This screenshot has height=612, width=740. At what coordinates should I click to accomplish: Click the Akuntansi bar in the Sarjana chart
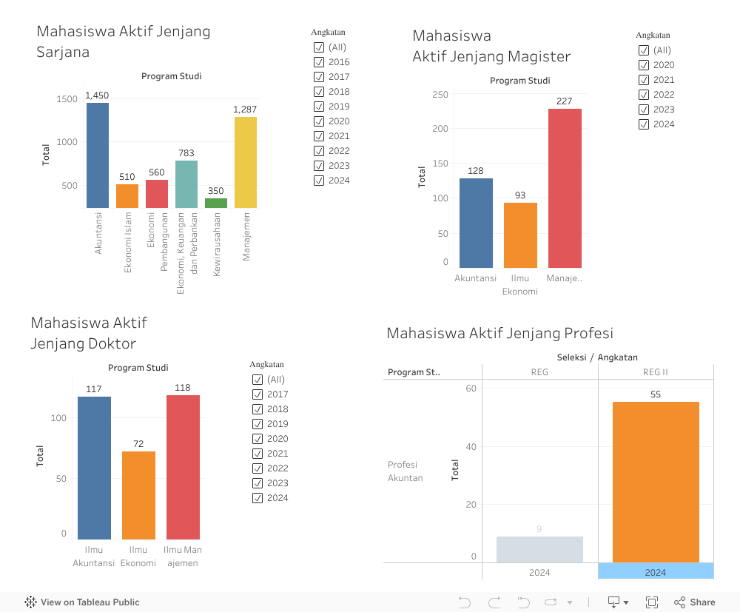pyautogui.click(x=97, y=155)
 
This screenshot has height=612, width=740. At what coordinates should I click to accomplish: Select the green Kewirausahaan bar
pyautogui.click(x=215, y=203)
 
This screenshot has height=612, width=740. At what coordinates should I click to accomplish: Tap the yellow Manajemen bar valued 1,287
pyautogui.click(x=245, y=163)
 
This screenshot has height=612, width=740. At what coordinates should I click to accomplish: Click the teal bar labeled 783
pyautogui.click(x=186, y=184)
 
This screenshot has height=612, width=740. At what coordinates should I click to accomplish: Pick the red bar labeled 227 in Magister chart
pyautogui.click(x=565, y=188)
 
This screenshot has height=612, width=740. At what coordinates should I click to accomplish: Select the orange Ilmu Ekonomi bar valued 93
pyautogui.click(x=520, y=235)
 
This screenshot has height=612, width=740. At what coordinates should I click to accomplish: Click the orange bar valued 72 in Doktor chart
pyautogui.click(x=138, y=495)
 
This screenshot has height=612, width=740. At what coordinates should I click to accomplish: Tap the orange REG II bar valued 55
pyautogui.click(x=656, y=482)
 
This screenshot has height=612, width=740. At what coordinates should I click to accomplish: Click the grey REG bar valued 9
pyautogui.click(x=539, y=549)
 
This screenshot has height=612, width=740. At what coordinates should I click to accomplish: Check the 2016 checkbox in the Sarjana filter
pyautogui.click(x=319, y=62)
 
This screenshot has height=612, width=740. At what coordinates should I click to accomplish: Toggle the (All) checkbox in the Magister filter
pyautogui.click(x=644, y=50)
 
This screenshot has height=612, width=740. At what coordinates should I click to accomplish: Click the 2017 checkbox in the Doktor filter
pyautogui.click(x=258, y=394)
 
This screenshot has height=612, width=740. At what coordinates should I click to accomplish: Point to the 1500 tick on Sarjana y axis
pyautogui.click(x=67, y=99)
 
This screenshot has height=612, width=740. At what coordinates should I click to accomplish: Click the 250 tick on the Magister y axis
pyautogui.click(x=440, y=95)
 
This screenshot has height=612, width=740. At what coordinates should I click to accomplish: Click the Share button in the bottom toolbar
pyautogui.click(x=694, y=602)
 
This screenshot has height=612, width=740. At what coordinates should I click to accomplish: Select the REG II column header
pyautogui.click(x=655, y=372)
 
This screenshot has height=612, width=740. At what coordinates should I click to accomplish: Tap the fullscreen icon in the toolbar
pyautogui.click(x=652, y=602)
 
